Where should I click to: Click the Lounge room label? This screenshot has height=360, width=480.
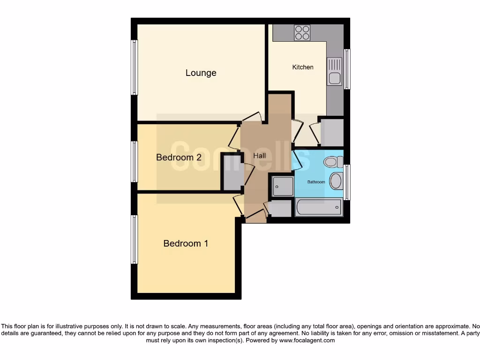coord(201,73)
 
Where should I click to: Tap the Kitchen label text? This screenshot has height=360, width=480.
coord(303,67)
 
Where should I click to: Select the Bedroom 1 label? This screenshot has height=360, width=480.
coord(186,243)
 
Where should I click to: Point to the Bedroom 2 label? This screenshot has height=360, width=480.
coord(179,157)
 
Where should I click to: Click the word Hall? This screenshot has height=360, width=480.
coord(260,155)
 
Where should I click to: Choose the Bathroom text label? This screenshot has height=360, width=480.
coord(316,182)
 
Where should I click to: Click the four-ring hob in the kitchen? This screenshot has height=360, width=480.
coord(302,32)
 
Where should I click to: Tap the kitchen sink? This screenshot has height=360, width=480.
coord(334,72)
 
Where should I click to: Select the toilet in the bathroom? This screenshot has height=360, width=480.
coord(331,162)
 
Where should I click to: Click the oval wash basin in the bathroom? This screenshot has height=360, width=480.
coord(336,181)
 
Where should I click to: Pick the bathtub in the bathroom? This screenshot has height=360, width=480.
coord(318,207)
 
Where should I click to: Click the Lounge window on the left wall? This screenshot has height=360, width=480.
coord(135,67)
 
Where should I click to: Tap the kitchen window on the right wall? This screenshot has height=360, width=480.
coord(347,69)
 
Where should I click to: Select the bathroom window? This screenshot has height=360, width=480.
coord(347,182)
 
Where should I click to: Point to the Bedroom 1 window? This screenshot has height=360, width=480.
coord(135,239)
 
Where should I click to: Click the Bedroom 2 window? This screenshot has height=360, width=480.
coord(135,162)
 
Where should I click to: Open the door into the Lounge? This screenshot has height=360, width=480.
coord(253,118)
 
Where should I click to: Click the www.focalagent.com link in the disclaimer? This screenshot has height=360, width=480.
coord(307,340)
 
